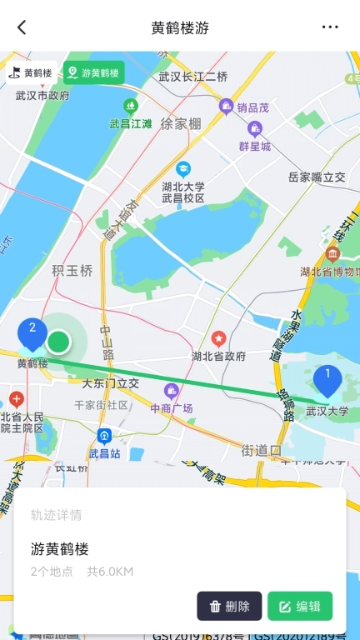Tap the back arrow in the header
pos(22,27)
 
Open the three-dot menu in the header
pos(331,27)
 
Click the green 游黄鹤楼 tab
pos(93,72)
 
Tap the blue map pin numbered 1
pos(327,379)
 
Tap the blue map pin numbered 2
pos(32,332)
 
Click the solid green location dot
pos(58,341)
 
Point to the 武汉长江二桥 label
pos(193,77)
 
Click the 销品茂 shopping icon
pos(226,107)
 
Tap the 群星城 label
pos(255,147)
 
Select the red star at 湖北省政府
pos(218,338)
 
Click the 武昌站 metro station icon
pos(104,436)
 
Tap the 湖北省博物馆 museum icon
pos(333,253)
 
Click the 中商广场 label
pos(172,408)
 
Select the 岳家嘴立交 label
pos(317,177)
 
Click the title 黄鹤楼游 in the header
pos(180,27)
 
